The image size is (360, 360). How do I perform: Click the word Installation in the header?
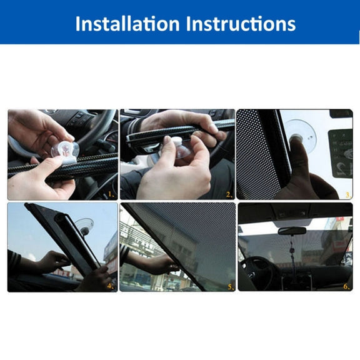(x=127, y=23)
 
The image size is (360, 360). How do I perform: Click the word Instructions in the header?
(x=241, y=23)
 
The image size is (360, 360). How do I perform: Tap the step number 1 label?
(x=111, y=195)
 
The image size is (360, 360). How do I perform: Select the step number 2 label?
(x=229, y=195)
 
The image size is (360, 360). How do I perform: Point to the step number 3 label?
(x=348, y=195)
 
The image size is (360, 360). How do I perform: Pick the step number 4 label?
(x=111, y=286)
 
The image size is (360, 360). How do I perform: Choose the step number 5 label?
(x=231, y=287)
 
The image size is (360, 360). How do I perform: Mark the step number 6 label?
(x=346, y=286)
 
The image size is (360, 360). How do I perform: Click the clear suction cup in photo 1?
(x=65, y=151)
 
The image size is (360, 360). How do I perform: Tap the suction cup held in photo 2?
(x=181, y=149)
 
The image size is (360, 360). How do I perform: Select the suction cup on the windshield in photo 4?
(x=84, y=226)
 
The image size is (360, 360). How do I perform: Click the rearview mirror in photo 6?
(x=292, y=231)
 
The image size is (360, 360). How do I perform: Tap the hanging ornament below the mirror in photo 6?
(x=292, y=250)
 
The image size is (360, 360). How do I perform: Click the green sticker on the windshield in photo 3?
(x=341, y=153)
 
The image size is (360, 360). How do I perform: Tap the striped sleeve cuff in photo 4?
(x=13, y=261)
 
